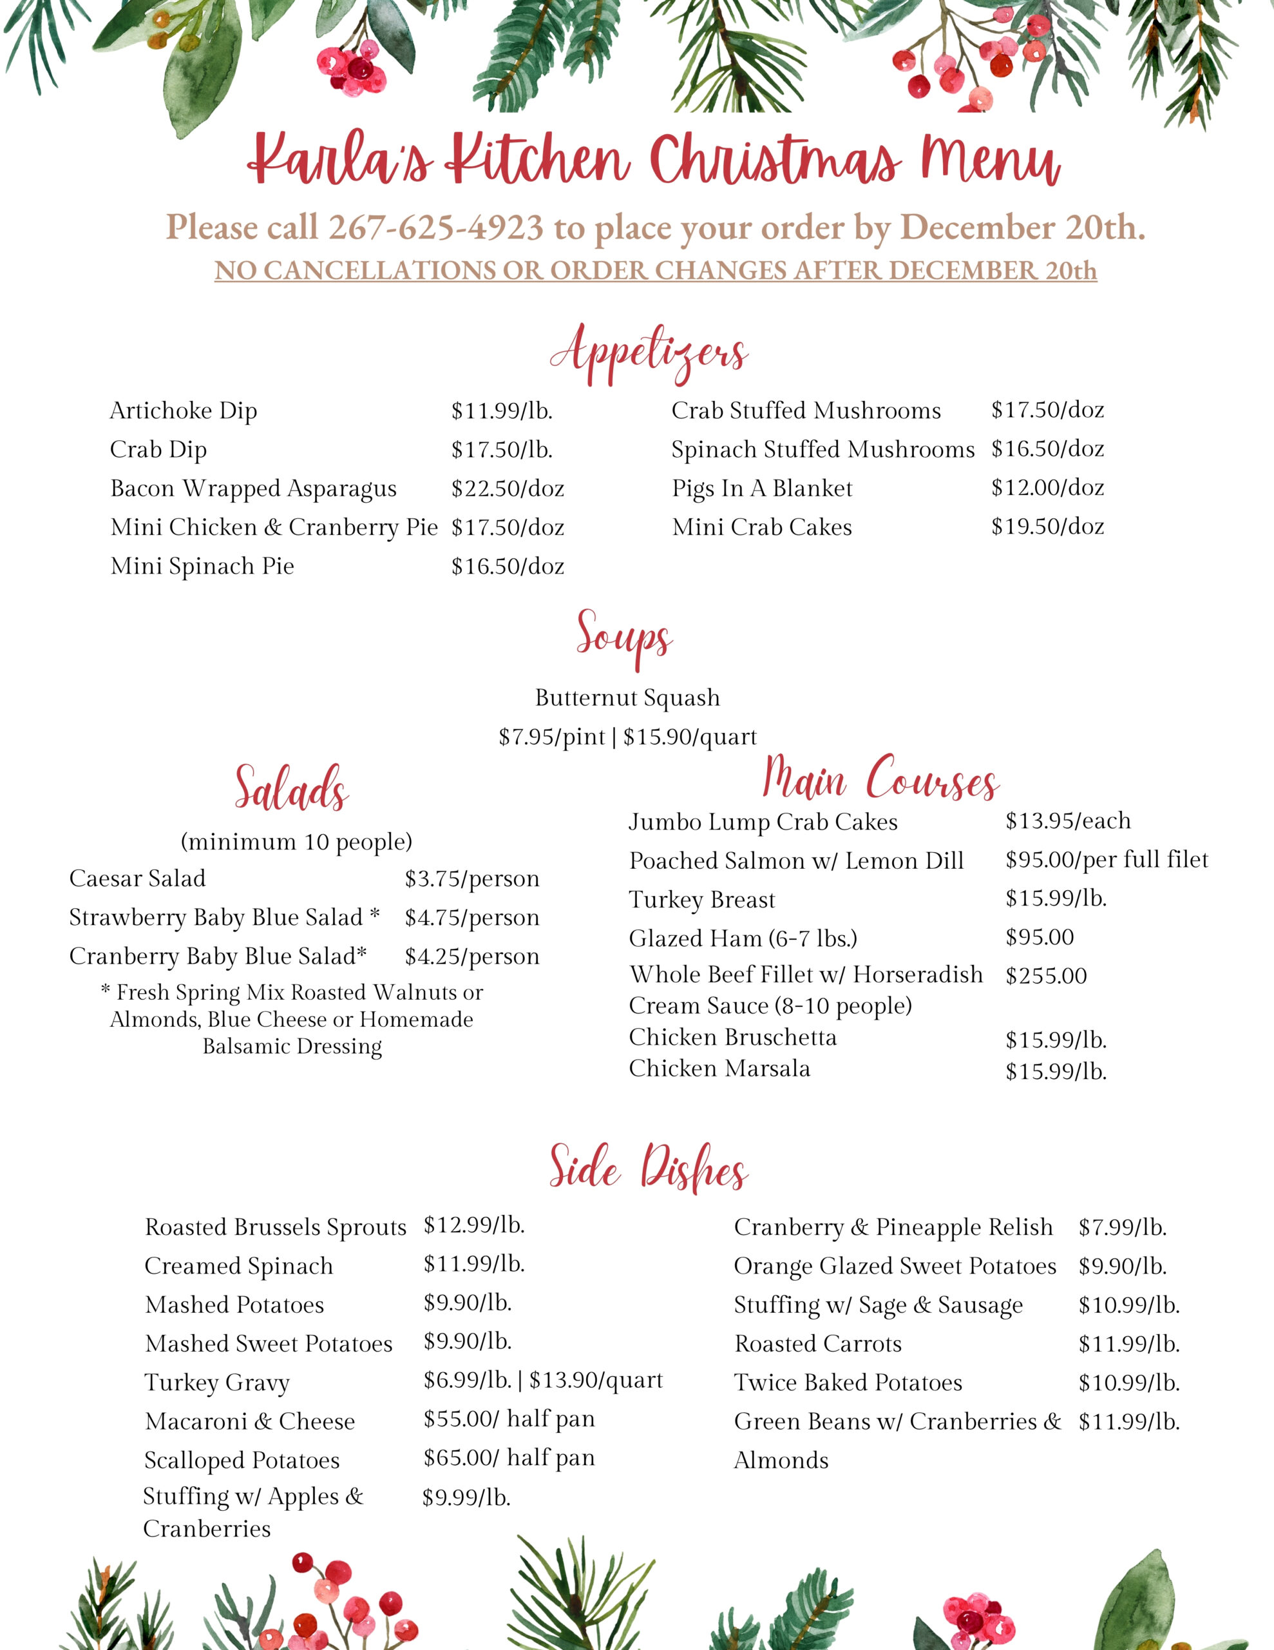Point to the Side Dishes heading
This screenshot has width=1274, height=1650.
(x=648, y=1168)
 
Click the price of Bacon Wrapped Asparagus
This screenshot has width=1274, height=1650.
(x=508, y=489)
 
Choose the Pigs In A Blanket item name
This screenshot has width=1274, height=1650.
(x=762, y=489)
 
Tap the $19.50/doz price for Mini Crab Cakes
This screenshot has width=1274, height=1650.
(x=1047, y=527)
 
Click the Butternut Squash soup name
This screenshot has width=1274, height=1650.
(x=627, y=697)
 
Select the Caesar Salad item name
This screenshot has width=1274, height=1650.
(x=137, y=878)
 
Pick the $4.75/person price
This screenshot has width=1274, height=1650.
(x=472, y=917)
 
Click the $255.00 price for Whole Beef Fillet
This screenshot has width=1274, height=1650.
(x=1046, y=976)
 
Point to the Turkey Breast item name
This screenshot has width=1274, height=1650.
(x=701, y=900)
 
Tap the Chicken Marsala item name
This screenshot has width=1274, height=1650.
(x=719, y=1068)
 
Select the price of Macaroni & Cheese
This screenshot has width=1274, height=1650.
(x=509, y=1419)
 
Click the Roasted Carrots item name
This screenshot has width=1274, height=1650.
(x=818, y=1344)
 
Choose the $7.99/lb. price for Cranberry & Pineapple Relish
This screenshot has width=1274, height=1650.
(x=1122, y=1228)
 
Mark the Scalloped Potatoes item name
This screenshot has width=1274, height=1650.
(x=242, y=1461)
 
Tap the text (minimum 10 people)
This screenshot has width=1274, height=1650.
(x=296, y=841)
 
